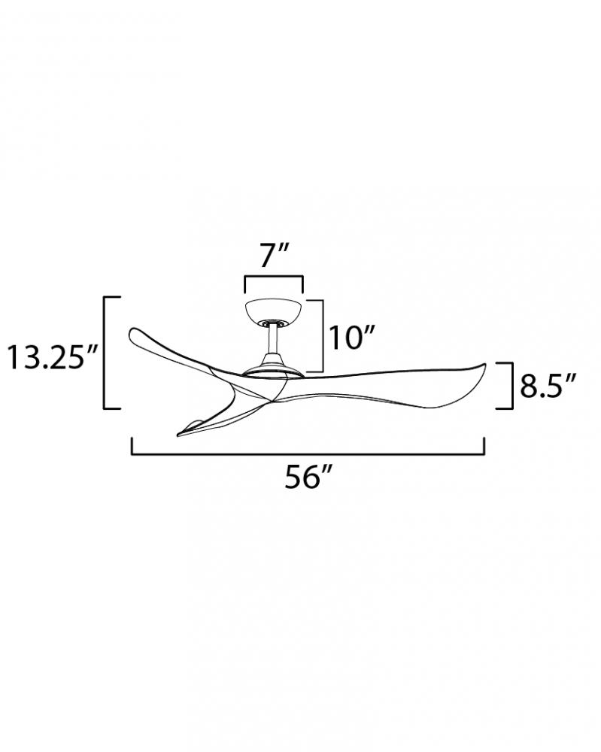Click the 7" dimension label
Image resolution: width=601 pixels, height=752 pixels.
click(x=275, y=255)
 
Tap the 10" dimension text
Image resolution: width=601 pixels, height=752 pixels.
click(x=350, y=338)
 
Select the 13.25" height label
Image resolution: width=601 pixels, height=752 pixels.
click(x=53, y=358)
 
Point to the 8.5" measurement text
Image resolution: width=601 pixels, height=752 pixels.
click(x=548, y=386)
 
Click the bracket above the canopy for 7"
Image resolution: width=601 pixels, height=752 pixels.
click(x=274, y=277)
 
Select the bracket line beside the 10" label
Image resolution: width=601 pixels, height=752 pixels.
click(x=322, y=335)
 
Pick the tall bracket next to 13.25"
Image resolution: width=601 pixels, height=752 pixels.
click(x=105, y=353)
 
